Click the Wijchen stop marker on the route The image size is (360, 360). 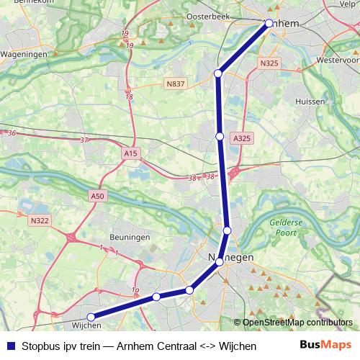(x=91, y=317)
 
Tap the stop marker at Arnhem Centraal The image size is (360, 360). (x=269, y=23)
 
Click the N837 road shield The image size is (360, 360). (x=175, y=84)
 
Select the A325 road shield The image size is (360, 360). (x=242, y=138)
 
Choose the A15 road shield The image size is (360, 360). (x=130, y=153)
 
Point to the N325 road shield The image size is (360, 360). (x=269, y=63)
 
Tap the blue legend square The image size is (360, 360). (x=10, y=346)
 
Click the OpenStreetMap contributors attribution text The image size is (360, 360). (x=297, y=323)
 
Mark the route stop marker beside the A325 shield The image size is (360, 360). (x=220, y=135)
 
